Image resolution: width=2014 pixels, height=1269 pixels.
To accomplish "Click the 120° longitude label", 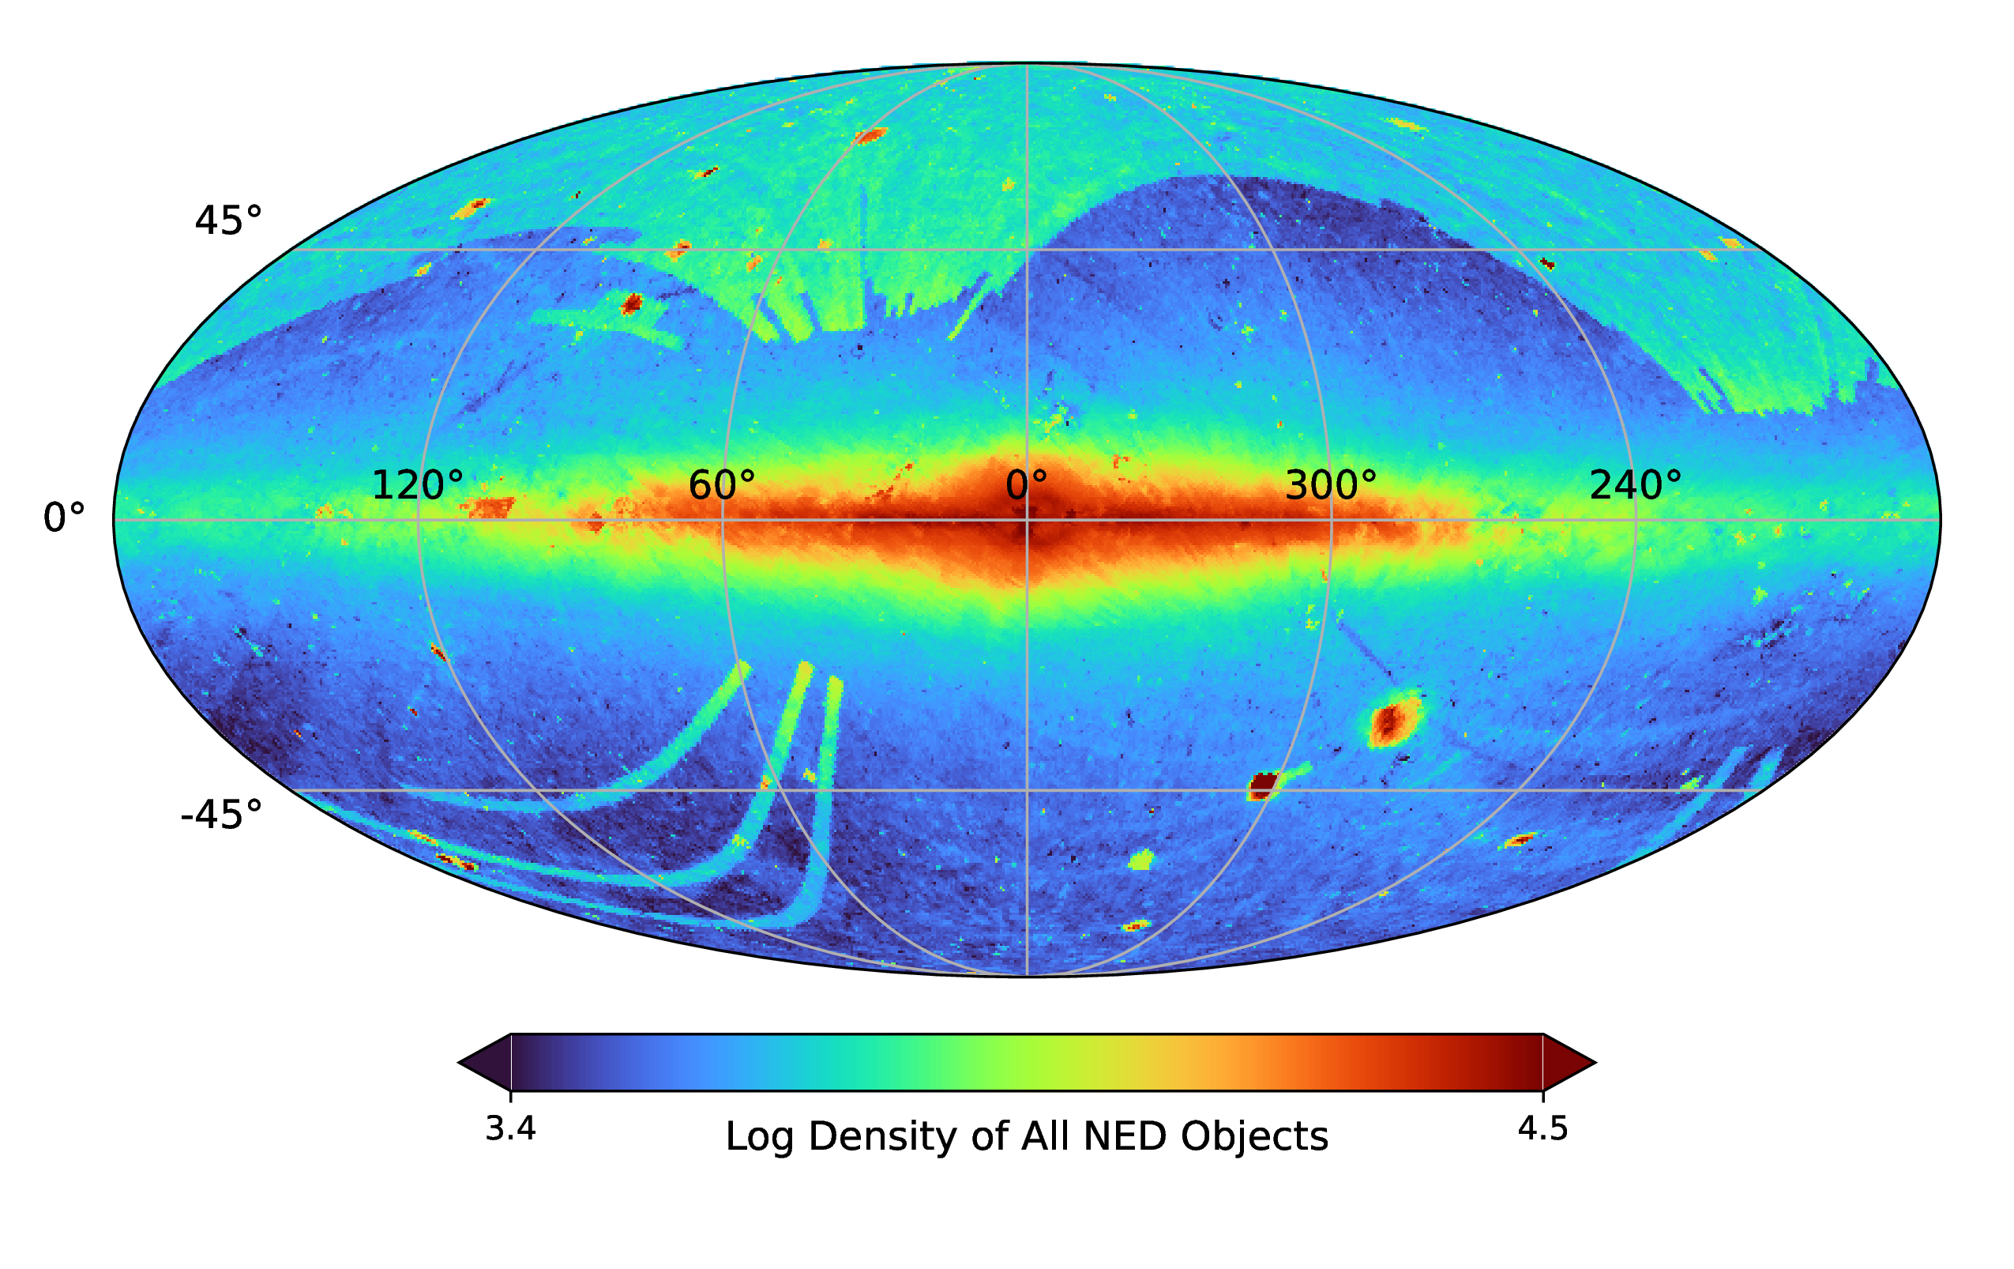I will pyautogui.click(x=416, y=485).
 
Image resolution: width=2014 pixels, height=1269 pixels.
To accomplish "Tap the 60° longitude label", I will pyautogui.click(x=721, y=485).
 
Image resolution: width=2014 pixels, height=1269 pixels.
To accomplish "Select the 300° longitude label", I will pyautogui.click(x=1330, y=485).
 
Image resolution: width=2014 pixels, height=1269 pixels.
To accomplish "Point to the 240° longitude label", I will pyautogui.click(x=1634, y=485).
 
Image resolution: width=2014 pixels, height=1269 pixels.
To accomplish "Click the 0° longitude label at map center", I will pyautogui.click(x=1026, y=485).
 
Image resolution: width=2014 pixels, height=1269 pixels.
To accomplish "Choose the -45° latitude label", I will pyautogui.click(x=221, y=815).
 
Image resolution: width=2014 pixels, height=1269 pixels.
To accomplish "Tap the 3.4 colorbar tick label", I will pyautogui.click(x=510, y=1129).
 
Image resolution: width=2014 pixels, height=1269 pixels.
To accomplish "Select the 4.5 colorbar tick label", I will pyautogui.click(x=1543, y=1129).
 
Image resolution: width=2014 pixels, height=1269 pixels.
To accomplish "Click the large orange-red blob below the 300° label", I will pyautogui.click(x=1392, y=721).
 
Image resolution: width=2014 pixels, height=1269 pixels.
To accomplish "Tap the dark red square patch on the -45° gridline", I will pyautogui.click(x=1263, y=784).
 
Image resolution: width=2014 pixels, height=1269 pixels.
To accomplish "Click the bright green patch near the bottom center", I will pyautogui.click(x=1140, y=859).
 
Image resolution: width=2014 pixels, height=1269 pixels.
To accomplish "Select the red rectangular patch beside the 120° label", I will pyautogui.click(x=489, y=507).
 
